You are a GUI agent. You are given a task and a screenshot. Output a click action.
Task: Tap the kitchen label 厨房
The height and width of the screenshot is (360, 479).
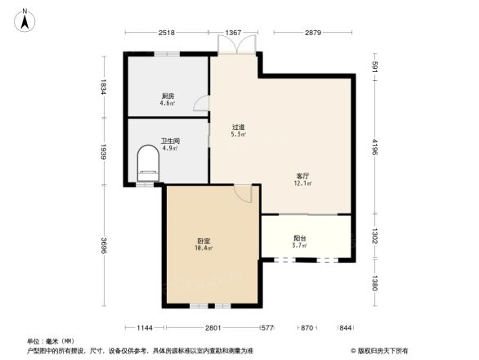coord(167,96)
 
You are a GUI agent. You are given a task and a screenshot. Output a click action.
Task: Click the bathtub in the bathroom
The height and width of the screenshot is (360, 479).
coord(148,164)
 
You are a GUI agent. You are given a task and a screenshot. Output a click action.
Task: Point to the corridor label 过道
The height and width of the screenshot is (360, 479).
coord(238,127)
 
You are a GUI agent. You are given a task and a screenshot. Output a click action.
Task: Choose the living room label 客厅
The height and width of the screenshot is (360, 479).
coord(302,176)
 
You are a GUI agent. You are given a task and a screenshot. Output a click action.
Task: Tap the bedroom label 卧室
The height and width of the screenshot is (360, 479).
coord(204,241)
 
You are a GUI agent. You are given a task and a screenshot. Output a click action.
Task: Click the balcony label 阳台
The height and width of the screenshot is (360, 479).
coord(300,238)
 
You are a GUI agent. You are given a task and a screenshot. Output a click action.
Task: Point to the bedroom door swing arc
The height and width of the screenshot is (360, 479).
coord(243,193)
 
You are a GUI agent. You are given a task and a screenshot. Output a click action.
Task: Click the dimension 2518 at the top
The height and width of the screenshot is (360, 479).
coord(167,33)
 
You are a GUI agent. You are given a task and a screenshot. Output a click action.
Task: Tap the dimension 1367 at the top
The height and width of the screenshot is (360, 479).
coord(235,33)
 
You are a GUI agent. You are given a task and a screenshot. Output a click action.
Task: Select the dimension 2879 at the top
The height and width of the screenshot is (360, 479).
coord(314,33)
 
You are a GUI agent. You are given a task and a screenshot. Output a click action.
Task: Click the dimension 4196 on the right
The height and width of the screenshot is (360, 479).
coord(374,148)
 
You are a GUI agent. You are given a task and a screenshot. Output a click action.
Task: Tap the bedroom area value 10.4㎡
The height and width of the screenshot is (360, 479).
coord(204,248)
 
